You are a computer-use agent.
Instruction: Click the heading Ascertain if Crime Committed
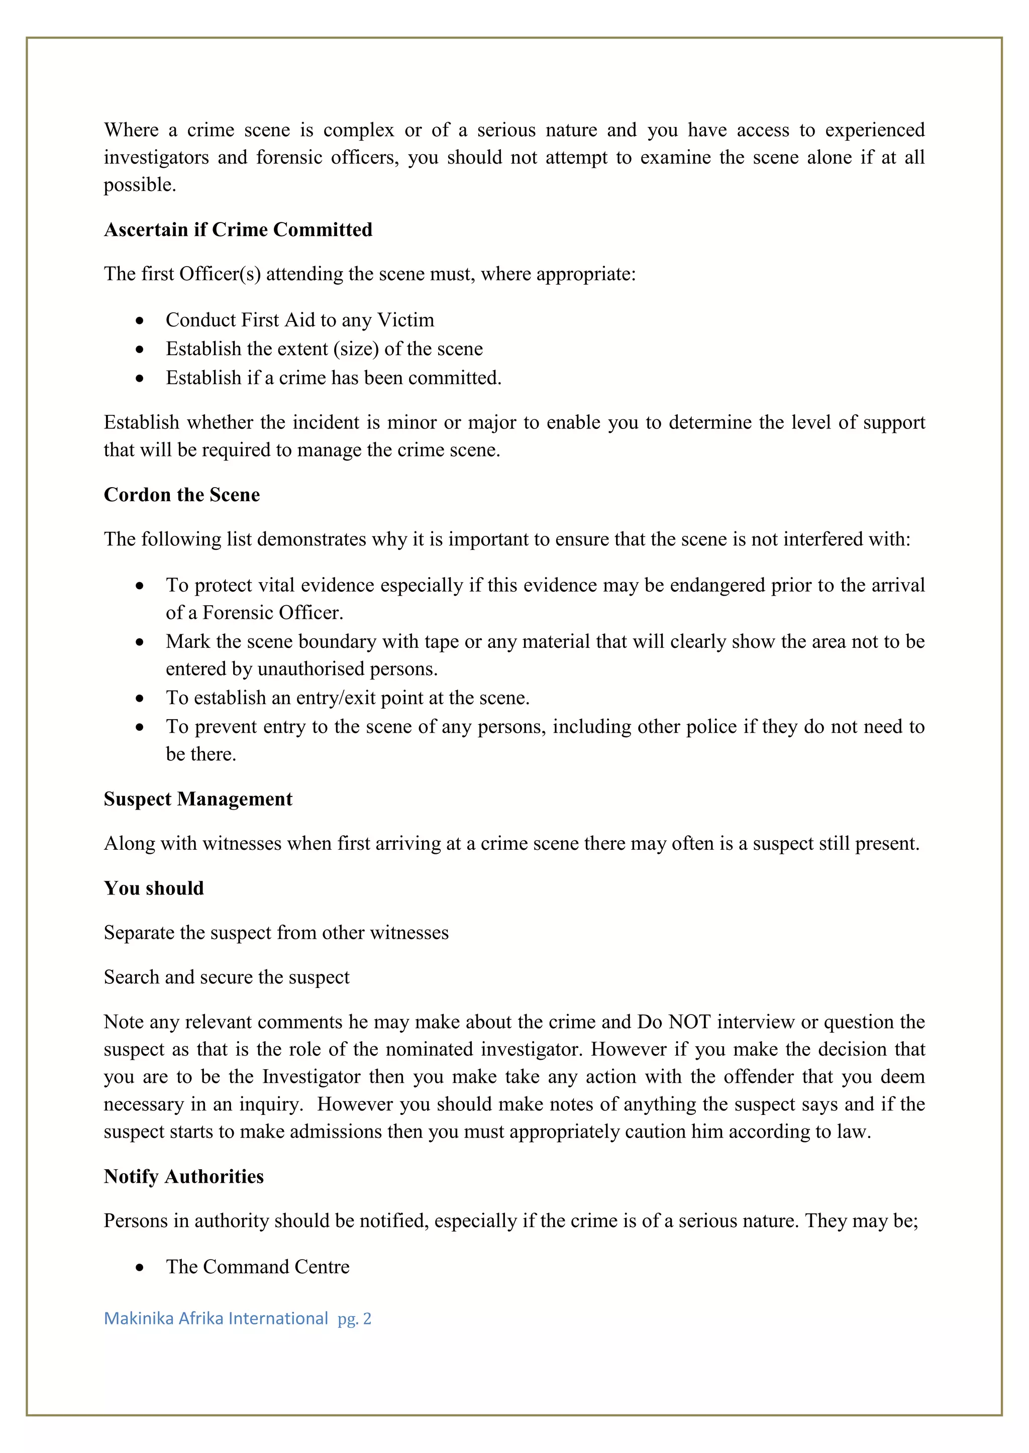[x=238, y=230]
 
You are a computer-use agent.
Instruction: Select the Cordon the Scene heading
[x=182, y=495]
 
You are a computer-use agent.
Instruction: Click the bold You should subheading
[x=154, y=888]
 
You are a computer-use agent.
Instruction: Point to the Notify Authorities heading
[x=184, y=1176]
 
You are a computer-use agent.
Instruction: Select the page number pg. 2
[x=354, y=1319]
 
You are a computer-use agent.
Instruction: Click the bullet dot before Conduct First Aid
[x=139, y=320]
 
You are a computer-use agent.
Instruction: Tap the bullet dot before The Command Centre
[x=139, y=1267]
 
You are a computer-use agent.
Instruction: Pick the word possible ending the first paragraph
[x=139, y=185]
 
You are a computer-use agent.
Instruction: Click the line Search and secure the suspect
[x=226, y=977]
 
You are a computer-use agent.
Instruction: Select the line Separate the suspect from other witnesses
[x=276, y=933]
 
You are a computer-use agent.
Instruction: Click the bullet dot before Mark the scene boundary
[x=139, y=642]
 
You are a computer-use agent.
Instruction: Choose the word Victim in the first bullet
[x=405, y=320]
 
